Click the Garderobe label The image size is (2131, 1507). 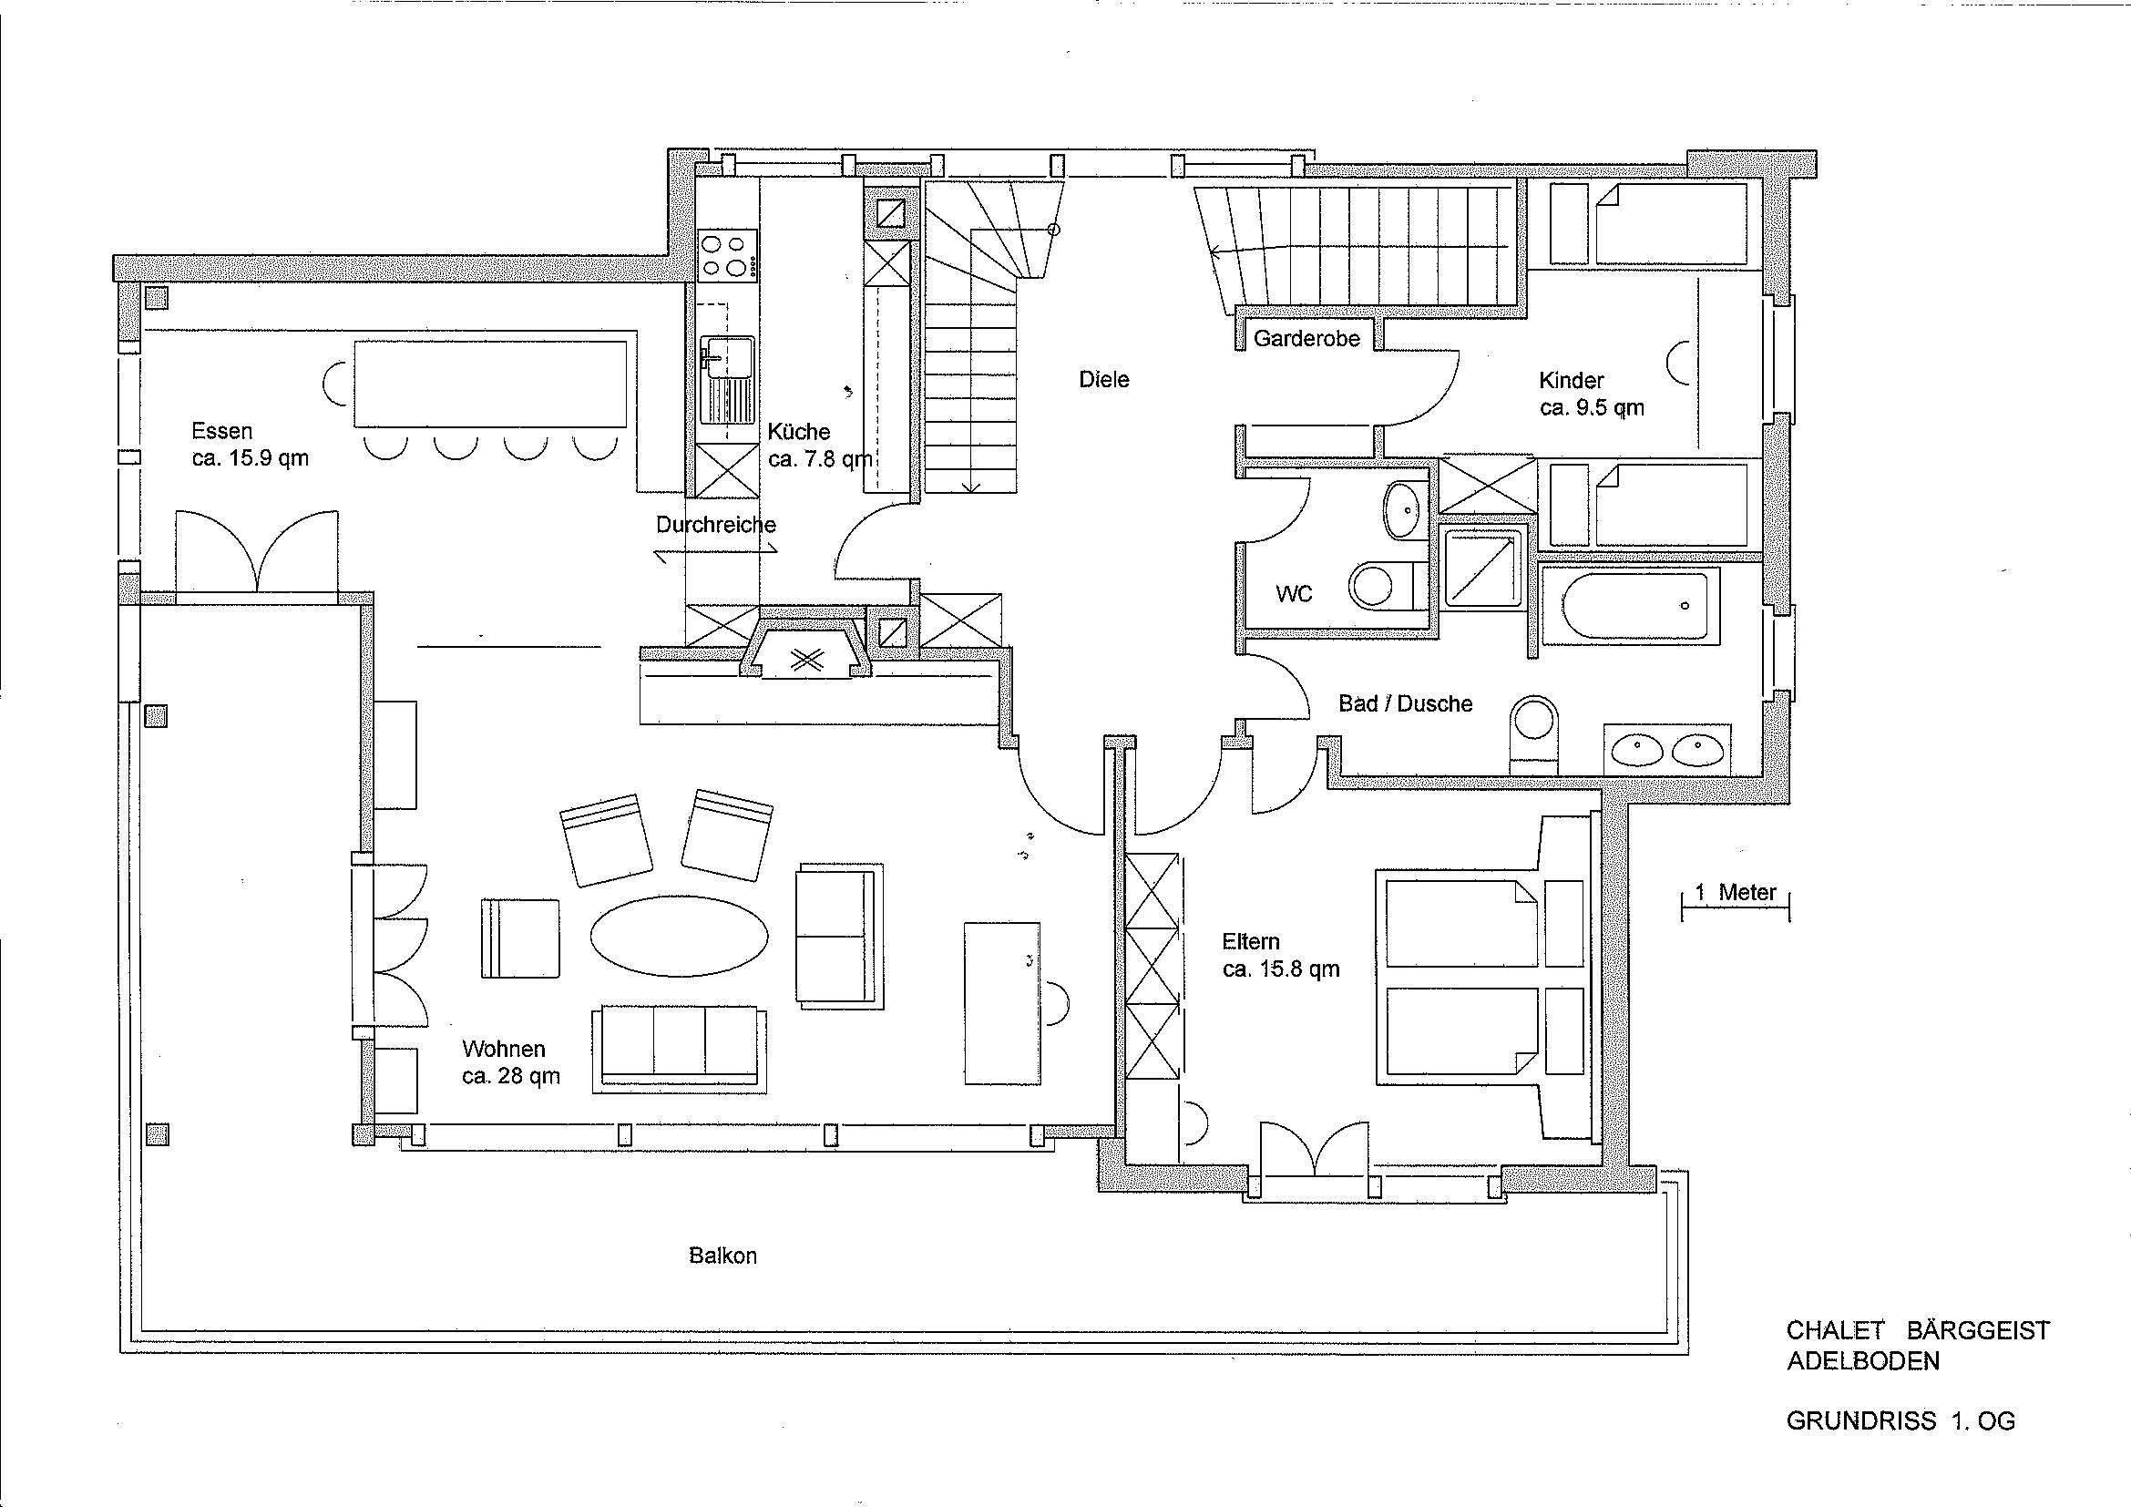(1306, 339)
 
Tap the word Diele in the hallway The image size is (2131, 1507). (1103, 380)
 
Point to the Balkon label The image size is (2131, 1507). (723, 1256)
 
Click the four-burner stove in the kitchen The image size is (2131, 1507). (728, 255)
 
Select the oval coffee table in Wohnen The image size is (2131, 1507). (680, 935)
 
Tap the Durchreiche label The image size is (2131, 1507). (715, 524)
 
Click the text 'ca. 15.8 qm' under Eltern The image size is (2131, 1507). (1281, 969)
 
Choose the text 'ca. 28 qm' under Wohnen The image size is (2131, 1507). (511, 1076)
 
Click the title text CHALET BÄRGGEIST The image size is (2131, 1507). (1919, 1329)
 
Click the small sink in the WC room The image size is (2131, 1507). (1405, 509)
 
